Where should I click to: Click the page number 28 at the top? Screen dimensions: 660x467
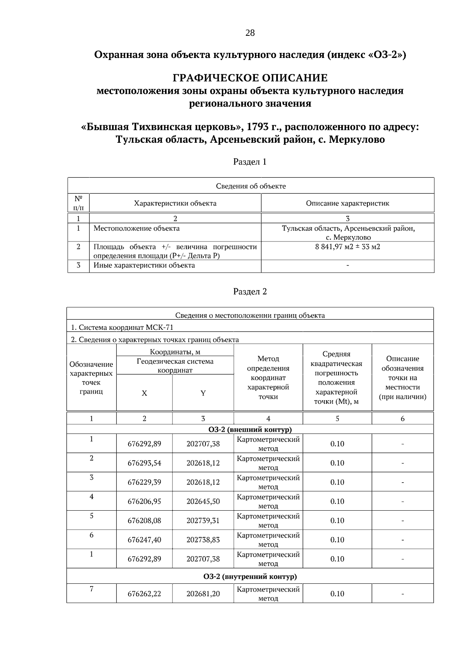[x=250, y=33]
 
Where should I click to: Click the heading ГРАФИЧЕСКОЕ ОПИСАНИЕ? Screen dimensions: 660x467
[x=250, y=78]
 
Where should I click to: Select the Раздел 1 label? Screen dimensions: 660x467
[x=250, y=162]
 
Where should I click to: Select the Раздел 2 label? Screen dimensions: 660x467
[x=250, y=292]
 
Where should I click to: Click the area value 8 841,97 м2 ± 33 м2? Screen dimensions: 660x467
[x=348, y=247]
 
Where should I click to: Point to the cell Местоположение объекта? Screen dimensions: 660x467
[x=137, y=228]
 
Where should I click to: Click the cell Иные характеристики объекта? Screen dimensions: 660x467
[x=144, y=265]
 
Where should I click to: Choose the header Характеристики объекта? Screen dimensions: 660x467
[x=175, y=203]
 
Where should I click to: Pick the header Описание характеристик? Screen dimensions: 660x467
[x=348, y=203]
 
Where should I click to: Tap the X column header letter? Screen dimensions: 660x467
[x=144, y=393]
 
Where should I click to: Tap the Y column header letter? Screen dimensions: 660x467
[x=203, y=393]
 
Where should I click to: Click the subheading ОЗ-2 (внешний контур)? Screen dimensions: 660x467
[x=250, y=429]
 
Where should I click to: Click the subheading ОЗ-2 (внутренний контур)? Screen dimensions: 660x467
[x=250, y=576]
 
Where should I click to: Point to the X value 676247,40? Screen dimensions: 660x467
[x=144, y=539]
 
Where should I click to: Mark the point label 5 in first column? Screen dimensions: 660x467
[x=91, y=516]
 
